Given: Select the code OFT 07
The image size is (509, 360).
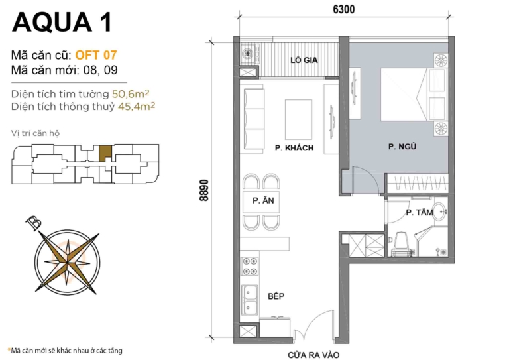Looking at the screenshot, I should (x=96, y=55).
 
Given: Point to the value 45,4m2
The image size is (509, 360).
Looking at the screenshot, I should (x=135, y=106).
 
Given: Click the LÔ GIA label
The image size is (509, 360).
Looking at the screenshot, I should (x=306, y=61).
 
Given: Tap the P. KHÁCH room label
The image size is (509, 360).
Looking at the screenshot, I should (x=294, y=148).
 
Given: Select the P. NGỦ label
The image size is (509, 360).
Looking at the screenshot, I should (x=402, y=147).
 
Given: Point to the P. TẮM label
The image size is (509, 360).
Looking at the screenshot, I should (x=419, y=212).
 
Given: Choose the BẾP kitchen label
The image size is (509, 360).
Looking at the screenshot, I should (x=276, y=296).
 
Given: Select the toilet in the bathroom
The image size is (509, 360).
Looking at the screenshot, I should (x=399, y=244).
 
